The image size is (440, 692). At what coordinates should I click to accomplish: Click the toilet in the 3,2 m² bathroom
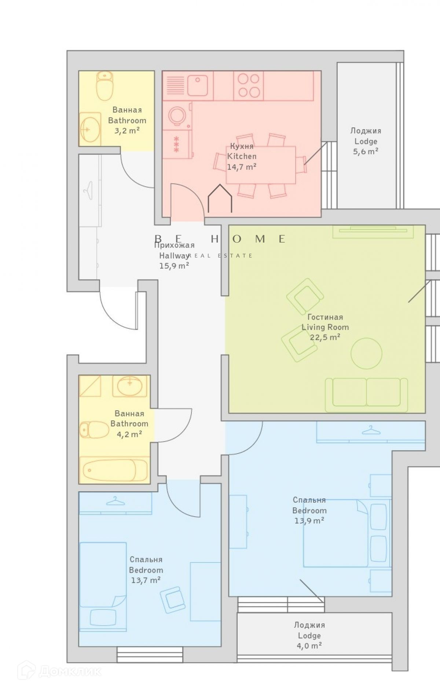click(x=105, y=86)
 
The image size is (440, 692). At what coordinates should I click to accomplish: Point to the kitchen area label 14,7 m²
click(x=241, y=167)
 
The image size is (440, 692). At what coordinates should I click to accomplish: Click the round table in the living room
click(x=366, y=353)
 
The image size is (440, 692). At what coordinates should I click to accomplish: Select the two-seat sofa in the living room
click(x=366, y=395)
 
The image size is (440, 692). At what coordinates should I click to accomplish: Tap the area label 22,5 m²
click(x=325, y=337)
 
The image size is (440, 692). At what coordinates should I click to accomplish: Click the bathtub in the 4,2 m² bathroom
click(x=114, y=470)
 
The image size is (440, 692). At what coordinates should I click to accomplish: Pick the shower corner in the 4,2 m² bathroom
click(x=90, y=386)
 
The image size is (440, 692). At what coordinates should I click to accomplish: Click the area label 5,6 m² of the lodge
click(x=366, y=151)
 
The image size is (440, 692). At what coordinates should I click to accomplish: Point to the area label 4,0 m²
click(x=309, y=645)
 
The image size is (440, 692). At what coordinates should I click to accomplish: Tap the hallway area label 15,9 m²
click(x=174, y=266)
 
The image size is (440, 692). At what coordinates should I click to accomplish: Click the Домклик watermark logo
click(x=59, y=671)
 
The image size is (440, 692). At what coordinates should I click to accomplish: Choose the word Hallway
click(x=174, y=255)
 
